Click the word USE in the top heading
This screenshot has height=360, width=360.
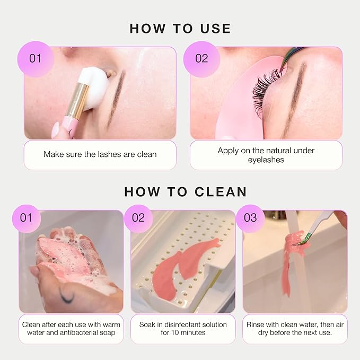[x=215, y=29]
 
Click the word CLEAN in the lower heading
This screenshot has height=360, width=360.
[x=221, y=192]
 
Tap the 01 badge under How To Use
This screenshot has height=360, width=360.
[x=36, y=59]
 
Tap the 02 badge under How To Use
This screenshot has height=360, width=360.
[x=201, y=59]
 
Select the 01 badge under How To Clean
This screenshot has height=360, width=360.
[x=27, y=218]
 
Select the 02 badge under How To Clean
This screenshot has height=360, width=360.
[x=138, y=218]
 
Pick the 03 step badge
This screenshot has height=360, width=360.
[x=250, y=218]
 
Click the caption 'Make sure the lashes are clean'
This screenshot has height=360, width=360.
[x=100, y=154]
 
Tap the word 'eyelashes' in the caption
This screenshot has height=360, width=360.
[x=266, y=160]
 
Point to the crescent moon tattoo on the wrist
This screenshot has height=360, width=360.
[x=67, y=296]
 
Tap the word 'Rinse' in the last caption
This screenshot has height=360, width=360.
[x=254, y=324]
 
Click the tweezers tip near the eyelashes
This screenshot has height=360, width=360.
[x=282, y=68]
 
